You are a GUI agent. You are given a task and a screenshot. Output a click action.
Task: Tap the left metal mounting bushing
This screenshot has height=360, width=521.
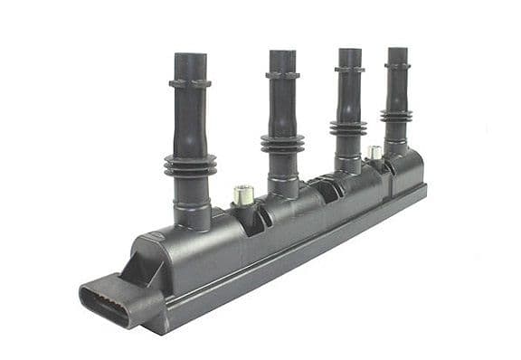click(x=242, y=194)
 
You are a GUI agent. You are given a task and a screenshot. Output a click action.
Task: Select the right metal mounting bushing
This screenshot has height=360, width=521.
click(x=373, y=152)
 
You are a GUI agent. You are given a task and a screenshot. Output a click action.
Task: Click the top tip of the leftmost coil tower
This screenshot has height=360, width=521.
click(x=189, y=56)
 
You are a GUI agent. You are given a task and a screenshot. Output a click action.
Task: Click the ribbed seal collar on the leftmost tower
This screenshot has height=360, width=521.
click(x=190, y=165)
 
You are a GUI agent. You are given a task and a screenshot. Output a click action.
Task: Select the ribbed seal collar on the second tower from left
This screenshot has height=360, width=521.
click(x=282, y=144)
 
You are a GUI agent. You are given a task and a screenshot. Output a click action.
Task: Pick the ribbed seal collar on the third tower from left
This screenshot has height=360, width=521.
click(x=348, y=128)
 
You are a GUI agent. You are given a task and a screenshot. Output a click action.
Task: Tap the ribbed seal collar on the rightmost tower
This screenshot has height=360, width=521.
click(x=396, y=116)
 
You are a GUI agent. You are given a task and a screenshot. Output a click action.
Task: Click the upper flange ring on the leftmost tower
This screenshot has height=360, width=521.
click(x=189, y=83)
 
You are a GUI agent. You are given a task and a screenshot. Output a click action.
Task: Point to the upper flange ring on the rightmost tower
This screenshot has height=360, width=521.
click(x=396, y=65)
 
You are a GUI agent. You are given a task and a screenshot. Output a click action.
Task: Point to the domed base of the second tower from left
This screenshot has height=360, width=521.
click(x=284, y=188)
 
